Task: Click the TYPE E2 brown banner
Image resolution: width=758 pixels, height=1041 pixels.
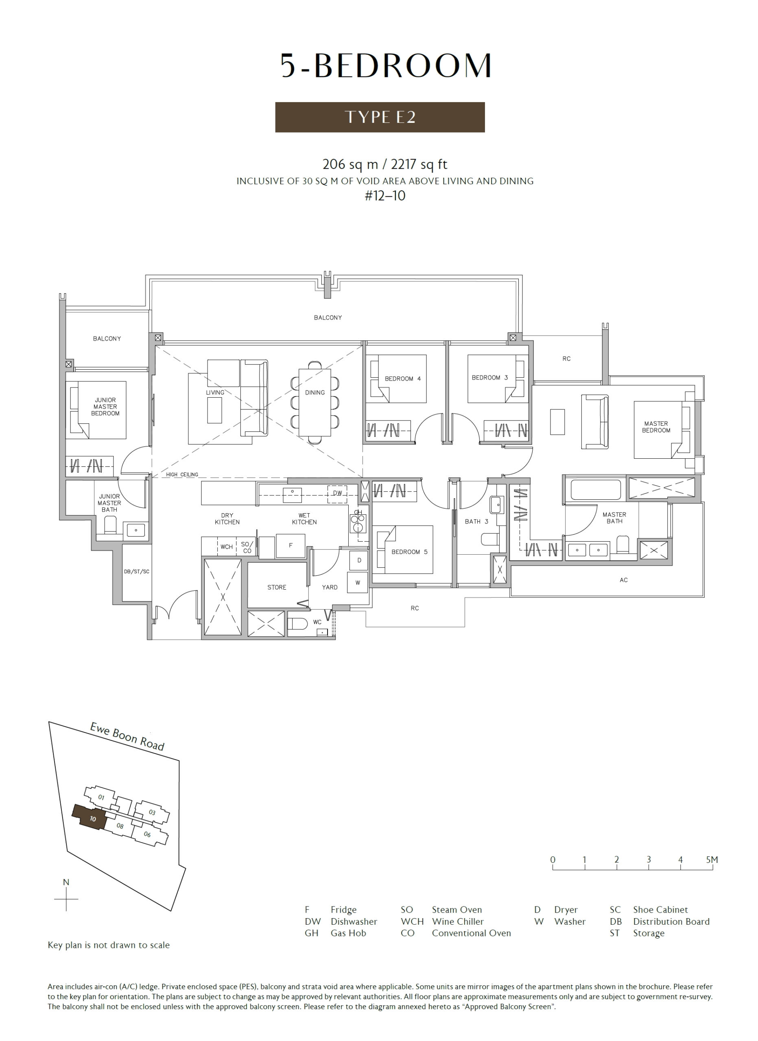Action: coord(380,117)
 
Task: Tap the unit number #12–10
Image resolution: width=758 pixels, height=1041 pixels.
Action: coord(385,196)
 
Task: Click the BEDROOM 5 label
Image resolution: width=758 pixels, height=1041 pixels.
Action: coord(409,552)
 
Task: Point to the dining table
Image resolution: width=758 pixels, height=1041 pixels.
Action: coord(315,402)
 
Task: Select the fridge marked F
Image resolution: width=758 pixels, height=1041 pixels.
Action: coord(291,546)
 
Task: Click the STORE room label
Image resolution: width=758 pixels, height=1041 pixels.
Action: coord(276,587)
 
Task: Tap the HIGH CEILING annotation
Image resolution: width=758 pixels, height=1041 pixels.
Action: coord(182,475)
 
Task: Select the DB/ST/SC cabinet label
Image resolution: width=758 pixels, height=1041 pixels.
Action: coord(136,571)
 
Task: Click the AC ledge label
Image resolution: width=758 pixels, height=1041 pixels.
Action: coord(623,580)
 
